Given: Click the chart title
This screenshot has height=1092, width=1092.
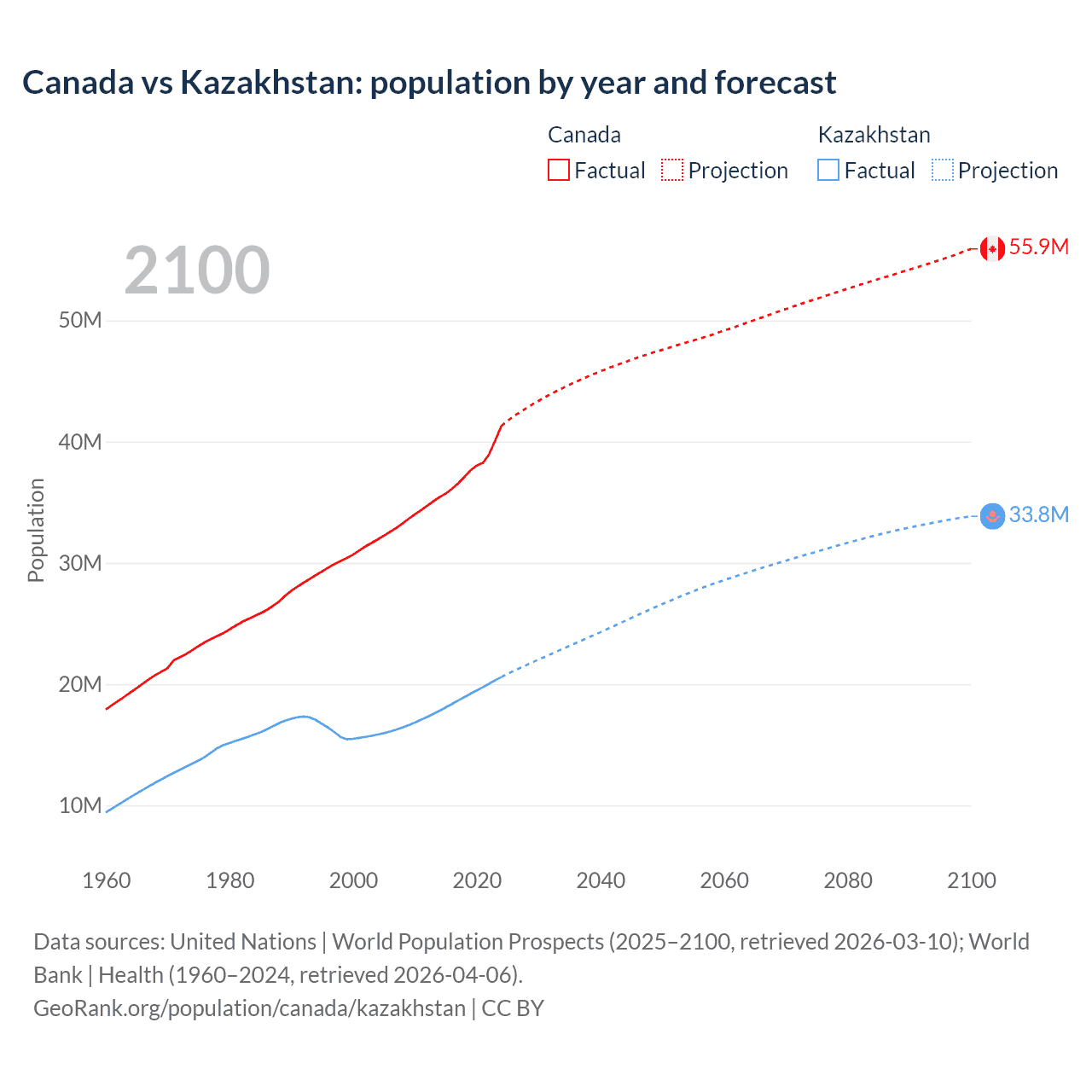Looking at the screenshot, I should [x=429, y=83].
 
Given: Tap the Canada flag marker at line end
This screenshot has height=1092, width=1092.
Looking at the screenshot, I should [x=991, y=248].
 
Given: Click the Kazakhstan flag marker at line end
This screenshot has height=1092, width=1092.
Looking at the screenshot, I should [x=991, y=516].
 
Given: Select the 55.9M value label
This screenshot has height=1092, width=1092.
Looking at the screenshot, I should [x=1038, y=247].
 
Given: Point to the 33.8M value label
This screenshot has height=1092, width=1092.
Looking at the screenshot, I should [x=1038, y=514].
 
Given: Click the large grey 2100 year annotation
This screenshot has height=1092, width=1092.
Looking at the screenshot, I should [x=197, y=270].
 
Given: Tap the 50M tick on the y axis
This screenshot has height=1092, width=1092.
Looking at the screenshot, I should [x=80, y=321].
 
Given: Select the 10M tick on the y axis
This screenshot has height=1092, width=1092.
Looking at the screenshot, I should [x=80, y=805].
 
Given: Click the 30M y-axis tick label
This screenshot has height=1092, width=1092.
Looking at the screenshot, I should [x=80, y=563].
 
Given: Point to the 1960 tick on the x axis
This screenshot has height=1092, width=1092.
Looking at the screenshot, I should [x=107, y=880].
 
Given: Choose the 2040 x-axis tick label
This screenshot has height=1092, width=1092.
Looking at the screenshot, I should [x=601, y=880].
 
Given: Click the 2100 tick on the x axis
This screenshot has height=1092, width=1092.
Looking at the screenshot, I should [x=971, y=880].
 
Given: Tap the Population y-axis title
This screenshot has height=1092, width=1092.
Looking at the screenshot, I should [x=36, y=530].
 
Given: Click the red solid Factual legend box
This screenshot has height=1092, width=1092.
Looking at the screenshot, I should [x=558, y=170].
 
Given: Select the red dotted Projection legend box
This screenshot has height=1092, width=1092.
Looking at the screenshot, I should [x=672, y=170].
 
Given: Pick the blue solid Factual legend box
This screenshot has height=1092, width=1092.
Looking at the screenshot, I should [x=828, y=170].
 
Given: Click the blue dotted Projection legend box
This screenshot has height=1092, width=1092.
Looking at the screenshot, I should [x=942, y=170].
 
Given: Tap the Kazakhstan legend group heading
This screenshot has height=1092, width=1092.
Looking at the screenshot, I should [x=874, y=135].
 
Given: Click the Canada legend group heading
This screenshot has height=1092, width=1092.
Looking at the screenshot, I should [x=584, y=135].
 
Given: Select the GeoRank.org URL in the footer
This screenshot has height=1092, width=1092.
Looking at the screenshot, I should [x=249, y=1008].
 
